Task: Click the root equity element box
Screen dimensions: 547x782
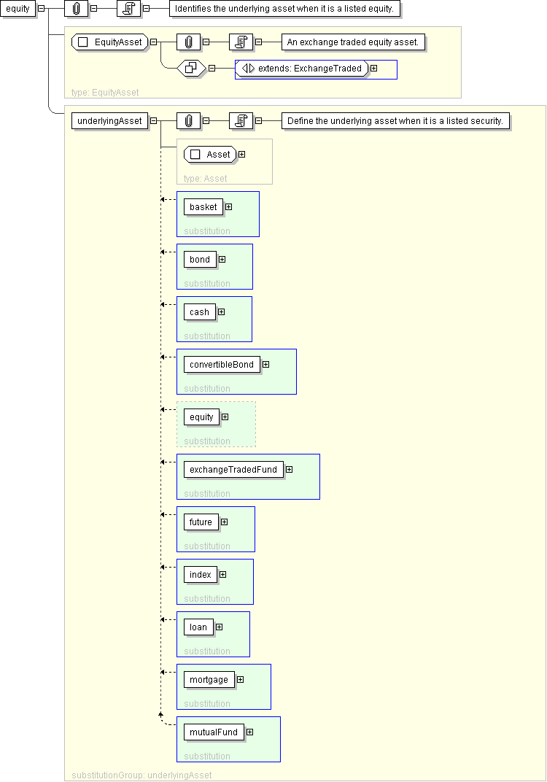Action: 18,9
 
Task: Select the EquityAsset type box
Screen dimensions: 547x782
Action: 110,42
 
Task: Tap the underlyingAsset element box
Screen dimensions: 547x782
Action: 109,120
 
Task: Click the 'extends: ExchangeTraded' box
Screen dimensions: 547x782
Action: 302,69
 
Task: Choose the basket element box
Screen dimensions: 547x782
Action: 203,207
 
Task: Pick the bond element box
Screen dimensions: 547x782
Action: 199,260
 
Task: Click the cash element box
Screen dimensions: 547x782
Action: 199,312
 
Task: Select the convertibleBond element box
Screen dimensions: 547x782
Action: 222,365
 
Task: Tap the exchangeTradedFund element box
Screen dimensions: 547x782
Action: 233,470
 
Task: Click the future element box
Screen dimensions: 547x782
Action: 201,522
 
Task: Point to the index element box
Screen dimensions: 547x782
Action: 201,575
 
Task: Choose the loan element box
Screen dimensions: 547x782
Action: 198,627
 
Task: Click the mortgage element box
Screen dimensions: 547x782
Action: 209,680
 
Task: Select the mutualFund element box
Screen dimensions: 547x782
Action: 214,732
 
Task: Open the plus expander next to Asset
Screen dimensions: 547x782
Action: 242,155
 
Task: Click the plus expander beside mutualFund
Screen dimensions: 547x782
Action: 250,732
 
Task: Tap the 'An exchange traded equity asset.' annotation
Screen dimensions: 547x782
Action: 353,42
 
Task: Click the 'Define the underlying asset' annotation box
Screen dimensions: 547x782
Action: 395,120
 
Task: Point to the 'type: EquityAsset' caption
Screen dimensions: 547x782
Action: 105,92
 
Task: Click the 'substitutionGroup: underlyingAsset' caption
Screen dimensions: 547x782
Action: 141,775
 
